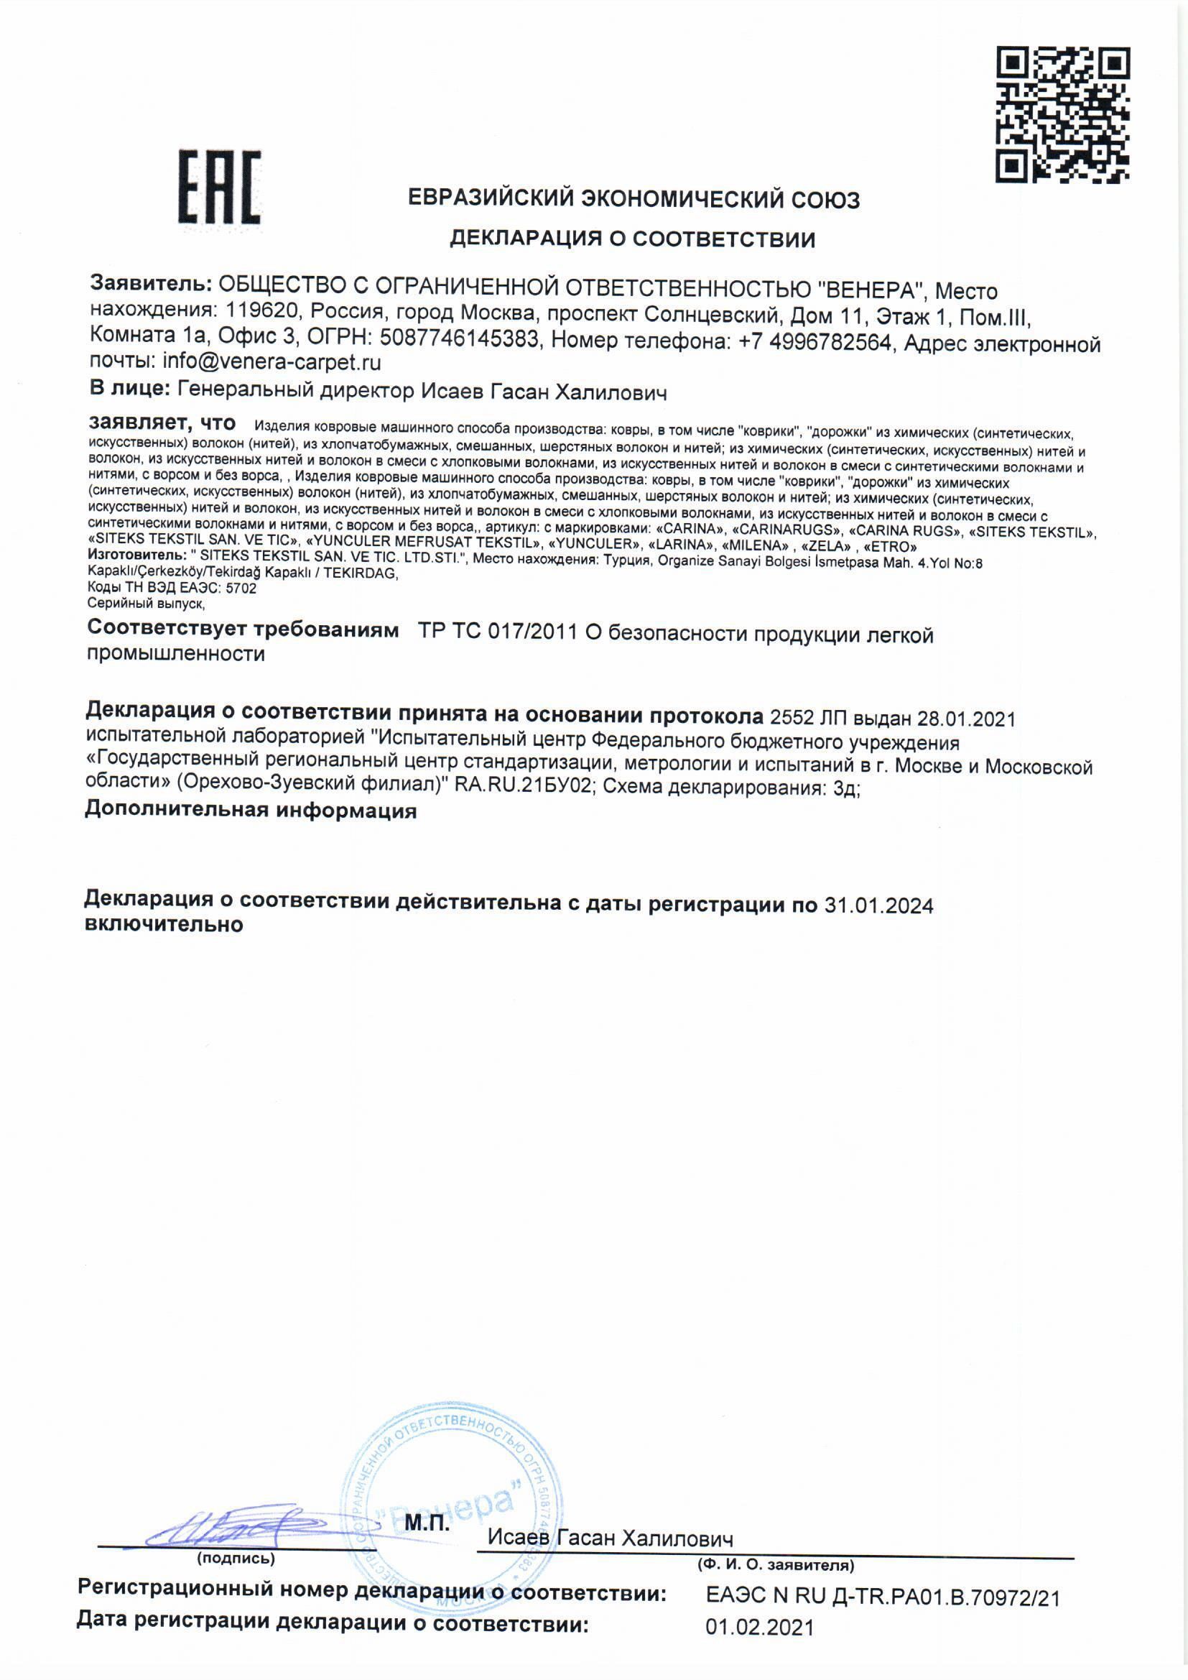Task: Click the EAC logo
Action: coord(221,188)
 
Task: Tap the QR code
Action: coord(1062,115)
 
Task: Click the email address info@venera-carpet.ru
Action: coord(272,362)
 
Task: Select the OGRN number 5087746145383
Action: coord(459,339)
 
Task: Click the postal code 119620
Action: coord(262,311)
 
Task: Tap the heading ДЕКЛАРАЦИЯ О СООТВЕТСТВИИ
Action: coord(632,239)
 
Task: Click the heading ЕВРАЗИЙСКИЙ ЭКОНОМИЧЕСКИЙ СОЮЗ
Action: coord(634,199)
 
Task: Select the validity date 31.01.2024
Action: coord(878,906)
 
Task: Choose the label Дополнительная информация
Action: coord(251,811)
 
